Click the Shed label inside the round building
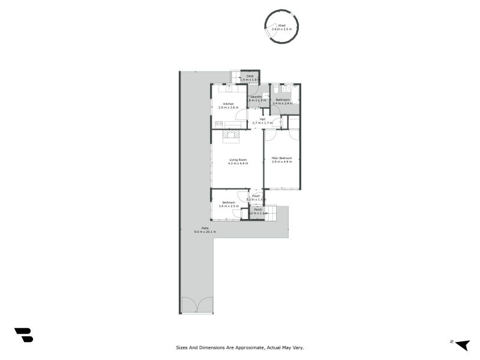[x=281, y=25]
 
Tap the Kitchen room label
[x=229, y=104]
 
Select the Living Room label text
[x=238, y=160]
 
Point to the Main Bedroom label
[x=282, y=158]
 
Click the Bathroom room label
[x=283, y=100]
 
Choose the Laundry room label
[x=256, y=97]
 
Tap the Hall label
[x=262, y=119]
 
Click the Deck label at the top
[x=250, y=76]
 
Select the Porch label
[x=258, y=209]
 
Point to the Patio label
[x=205, y=228]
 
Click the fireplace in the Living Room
[x=231, y=135]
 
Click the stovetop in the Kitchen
[x=218, y=124]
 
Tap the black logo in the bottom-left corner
[x=23, y=335]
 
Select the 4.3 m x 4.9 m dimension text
[x=238, y=163]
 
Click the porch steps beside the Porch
[x=271, y=212]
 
